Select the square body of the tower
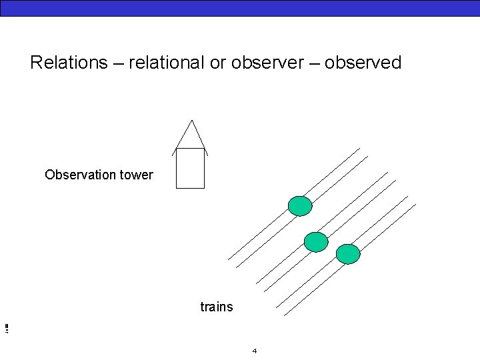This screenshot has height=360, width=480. (190, 169)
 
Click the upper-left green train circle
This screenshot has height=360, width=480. (300, 206)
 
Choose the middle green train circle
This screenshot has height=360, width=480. (316, 242)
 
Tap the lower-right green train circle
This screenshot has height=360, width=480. (348, 254)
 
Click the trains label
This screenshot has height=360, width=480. (217, 307)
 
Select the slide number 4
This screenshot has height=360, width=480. (255, 350)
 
